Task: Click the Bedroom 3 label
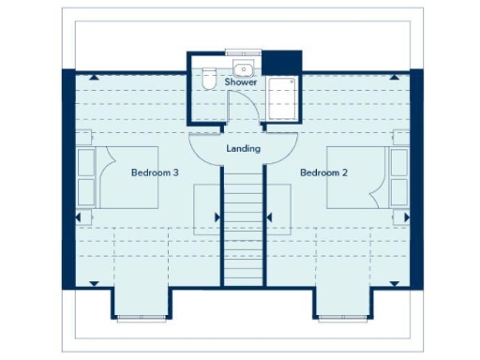[x=155, y=173]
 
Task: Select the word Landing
[x=243, y=149]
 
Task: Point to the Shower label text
[x=242, y=82]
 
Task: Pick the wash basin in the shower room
[x=244, y=67]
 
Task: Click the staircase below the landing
[x=243, y=225]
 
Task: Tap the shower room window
[x=243, y=52]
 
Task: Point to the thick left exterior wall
[x=67, y=178]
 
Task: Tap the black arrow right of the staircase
[x=269, y=217]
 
